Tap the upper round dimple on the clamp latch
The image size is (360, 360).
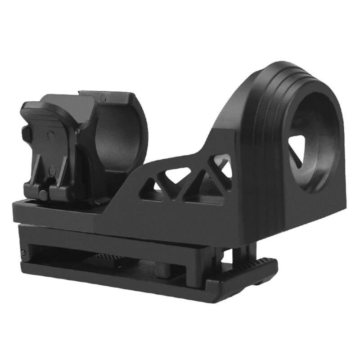pos(51,134)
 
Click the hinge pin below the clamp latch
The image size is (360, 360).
pos(43,194)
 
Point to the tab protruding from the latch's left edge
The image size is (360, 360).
pos(24,133)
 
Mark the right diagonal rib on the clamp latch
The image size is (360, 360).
pos(63,171)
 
